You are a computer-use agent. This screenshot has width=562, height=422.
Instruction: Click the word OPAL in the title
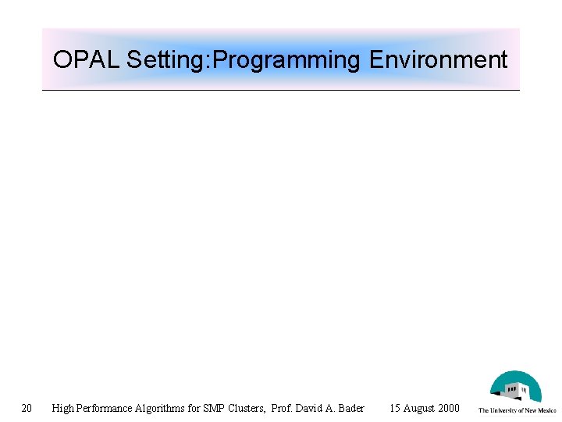[86, 60]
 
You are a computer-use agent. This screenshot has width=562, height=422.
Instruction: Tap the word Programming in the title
[286, 60]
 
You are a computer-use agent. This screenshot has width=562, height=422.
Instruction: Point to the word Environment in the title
[438, 60]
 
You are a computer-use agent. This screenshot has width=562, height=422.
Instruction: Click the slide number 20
[27, 408]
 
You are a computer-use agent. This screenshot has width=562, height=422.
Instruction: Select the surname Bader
[352, 408]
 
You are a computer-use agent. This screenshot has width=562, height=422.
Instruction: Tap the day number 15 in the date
[395, 408]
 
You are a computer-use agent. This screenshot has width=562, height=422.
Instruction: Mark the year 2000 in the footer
[449, 408]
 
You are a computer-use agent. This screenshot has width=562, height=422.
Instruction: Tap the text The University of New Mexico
[517, 410]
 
